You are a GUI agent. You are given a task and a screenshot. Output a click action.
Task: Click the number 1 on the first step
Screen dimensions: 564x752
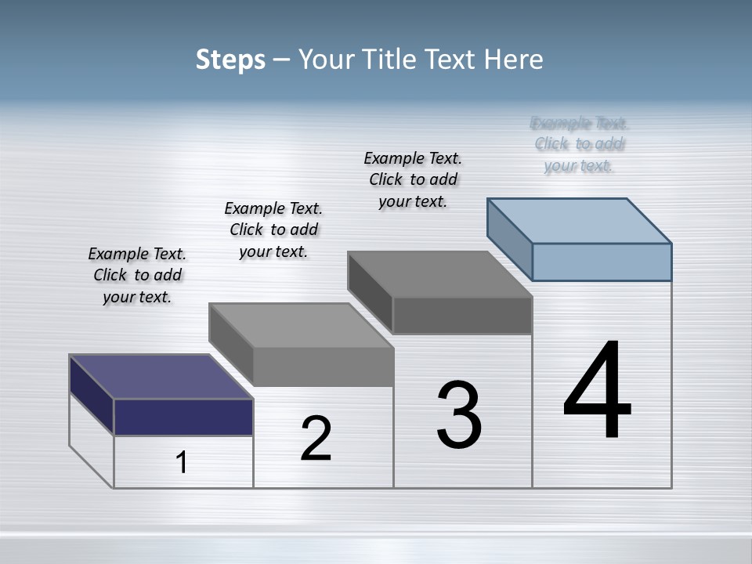tap(182, 463)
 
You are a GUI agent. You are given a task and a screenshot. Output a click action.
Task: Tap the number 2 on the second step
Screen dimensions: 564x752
tap(316, 439)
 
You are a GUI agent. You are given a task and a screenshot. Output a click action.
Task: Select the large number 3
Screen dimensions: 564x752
tap(459, 415)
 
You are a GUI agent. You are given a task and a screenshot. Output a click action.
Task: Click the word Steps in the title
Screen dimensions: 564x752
tap(230, 60)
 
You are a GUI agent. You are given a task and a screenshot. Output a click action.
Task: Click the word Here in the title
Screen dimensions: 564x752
tap(514, 60)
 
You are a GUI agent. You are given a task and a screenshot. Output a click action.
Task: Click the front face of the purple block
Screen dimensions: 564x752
tap(183, 417)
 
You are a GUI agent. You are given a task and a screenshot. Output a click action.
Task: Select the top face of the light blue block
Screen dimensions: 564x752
tap(580, 221)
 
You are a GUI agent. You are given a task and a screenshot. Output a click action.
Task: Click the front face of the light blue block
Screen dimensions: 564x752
tap(602, 262)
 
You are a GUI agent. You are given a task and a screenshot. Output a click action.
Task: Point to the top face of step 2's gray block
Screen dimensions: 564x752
tap(301, 325)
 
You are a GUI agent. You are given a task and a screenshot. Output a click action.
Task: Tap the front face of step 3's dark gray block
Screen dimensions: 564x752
tap(462, 316)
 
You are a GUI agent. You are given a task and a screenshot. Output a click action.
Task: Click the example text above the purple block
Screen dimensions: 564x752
tap(137, 275)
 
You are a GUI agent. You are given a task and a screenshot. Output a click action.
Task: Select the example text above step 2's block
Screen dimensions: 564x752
tap(273, 230)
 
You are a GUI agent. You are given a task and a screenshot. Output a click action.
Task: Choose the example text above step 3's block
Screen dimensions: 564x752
tap(413, 179)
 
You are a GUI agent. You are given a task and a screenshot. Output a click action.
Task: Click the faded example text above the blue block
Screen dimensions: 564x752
tap(579, 144)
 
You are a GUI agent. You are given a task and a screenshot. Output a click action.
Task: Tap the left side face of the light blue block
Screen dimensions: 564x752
tap(509, 238)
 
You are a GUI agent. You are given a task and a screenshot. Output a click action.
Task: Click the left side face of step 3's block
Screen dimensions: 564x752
tap(370, 291)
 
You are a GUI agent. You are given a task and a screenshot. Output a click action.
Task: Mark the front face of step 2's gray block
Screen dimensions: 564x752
tap(323, 367)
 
